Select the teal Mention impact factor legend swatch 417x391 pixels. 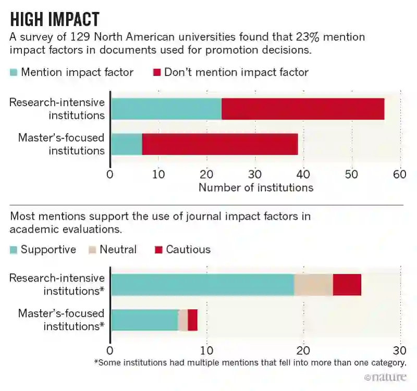click(x=14, y=72)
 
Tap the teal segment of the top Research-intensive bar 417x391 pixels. click(x=166, y=109)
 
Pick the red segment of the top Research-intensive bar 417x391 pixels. click(x=302, y=109)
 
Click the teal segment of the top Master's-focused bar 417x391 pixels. click(x=127, y=144)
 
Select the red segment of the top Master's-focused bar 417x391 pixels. click(x=219, y=144)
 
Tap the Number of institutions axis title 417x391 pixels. click(x=255, y=187)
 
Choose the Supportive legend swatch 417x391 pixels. click(x=14, y=250)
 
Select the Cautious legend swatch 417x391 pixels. click(x=158, y=250)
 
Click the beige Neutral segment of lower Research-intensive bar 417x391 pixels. click(x=313, y=284)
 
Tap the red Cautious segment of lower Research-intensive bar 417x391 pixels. click(x=347, y=284)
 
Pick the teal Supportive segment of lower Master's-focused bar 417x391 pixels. click(x=144, y=320)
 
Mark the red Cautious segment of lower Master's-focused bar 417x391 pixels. click(x=192, y=320)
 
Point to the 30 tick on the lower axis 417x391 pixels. click(x=400, y=349)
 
